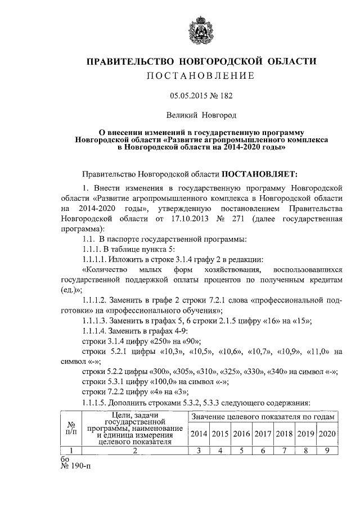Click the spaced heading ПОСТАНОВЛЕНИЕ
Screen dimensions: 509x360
click(201, 76)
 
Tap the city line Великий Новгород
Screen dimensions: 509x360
click(201, 115)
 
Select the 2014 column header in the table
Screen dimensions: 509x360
click(198, 434)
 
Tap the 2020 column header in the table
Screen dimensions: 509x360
click(327, 434)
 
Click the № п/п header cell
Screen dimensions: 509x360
click(71, 429)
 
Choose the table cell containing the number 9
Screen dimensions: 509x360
click(327, 449)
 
